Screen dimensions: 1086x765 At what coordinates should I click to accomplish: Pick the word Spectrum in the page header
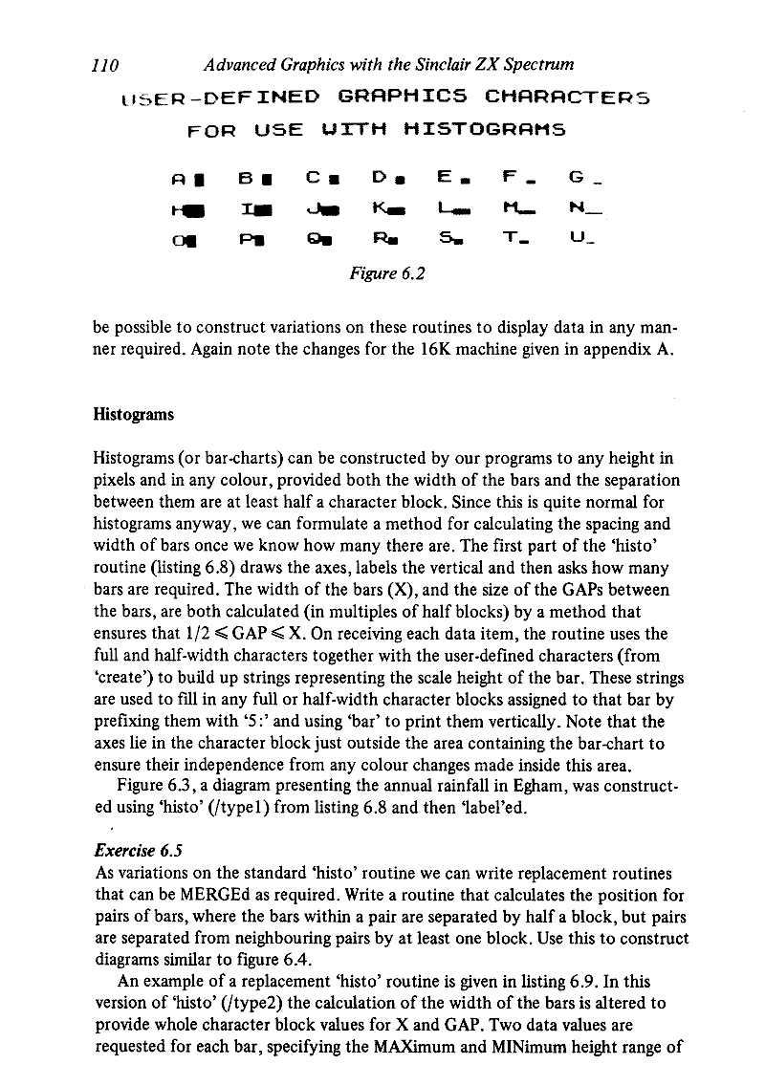[x=536, y=65]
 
